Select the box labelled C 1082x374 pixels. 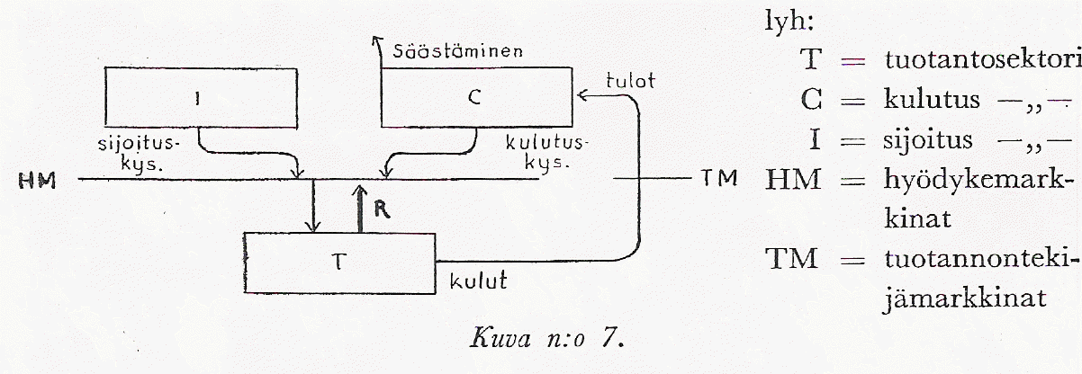click(476, 99)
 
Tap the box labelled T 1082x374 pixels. click(339, 262)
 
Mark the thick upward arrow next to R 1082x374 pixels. click(358, 204)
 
